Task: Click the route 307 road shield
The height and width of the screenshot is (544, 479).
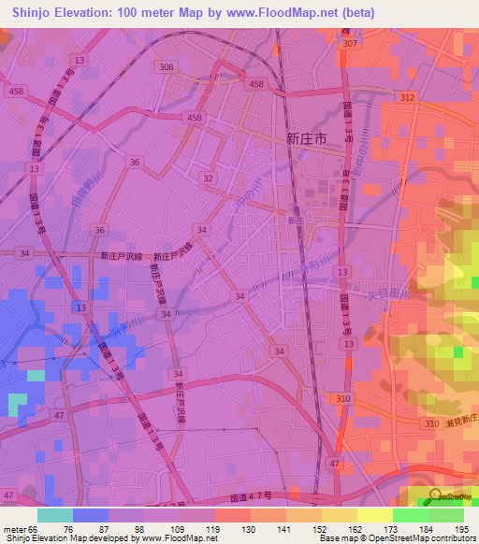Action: tap(350, 44)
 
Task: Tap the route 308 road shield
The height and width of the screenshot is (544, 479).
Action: tap(167, 67)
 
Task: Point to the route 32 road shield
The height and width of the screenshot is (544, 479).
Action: tap(208, 178)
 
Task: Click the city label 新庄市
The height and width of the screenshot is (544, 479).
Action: tap(305, 138)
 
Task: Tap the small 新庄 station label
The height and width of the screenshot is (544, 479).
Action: tap(294, 221)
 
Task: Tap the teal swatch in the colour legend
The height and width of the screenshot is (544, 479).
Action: tap(55, 515)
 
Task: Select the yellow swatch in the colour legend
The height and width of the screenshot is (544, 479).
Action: tap(374, 515)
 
